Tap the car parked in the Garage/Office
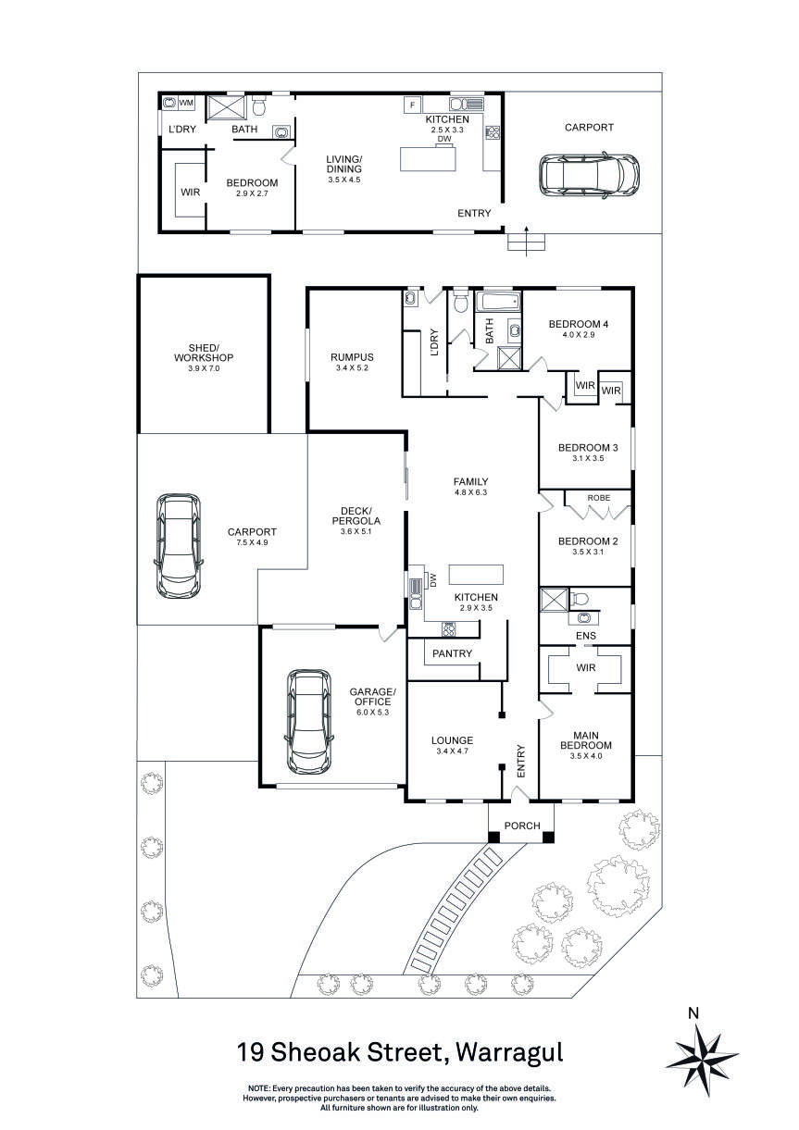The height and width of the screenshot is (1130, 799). [x=308, y=721]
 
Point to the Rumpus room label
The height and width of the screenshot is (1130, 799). [x=352, y=357]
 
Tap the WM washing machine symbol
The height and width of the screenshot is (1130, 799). [x=186, y=103]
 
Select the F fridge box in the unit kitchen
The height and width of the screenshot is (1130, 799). [x=410, y=106]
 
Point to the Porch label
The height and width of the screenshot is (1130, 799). [x=521, y=826]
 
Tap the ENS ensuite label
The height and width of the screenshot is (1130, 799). [x=585, y=637]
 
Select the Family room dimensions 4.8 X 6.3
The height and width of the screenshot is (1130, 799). [x=470, y=492]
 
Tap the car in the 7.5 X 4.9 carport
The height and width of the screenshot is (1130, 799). [x=178, y=547]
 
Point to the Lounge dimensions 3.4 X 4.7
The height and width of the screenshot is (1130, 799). [x=452, y=752]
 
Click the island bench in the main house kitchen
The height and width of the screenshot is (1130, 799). [x=477, y=574]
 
